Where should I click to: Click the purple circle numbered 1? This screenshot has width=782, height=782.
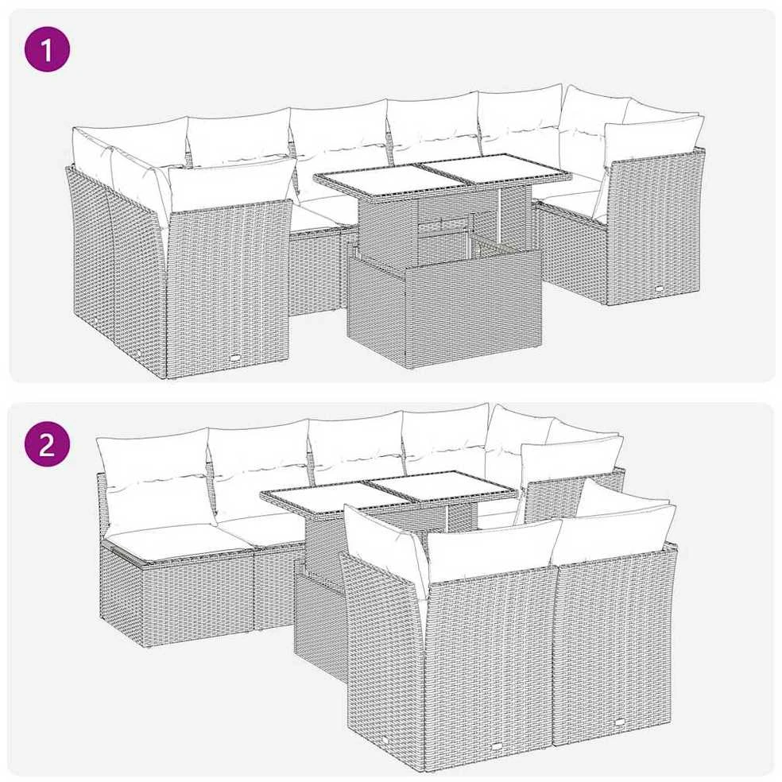tap(47, 49)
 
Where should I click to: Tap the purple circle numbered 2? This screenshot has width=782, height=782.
tap(47, 444)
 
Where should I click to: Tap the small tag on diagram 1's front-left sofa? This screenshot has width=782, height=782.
tap(235, 357)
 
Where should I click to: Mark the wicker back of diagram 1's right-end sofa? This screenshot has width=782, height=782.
tap(656, 226)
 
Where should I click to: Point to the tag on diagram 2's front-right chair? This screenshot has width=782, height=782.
tap(621, 722)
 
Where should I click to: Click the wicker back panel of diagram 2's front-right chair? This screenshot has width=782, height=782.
tap(615, 648)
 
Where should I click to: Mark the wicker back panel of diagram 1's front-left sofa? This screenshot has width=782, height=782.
tap(229, 283)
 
